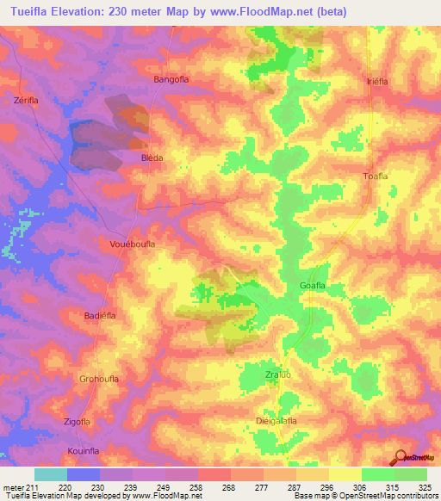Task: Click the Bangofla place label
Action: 171,79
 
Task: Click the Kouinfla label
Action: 84,450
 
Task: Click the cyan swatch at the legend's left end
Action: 51,474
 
